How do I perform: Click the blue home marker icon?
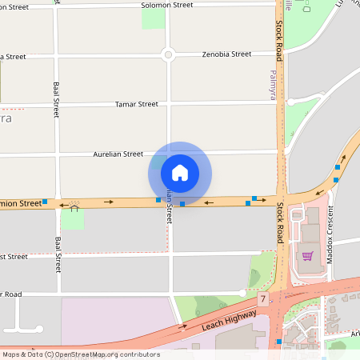click(x=180, y=173)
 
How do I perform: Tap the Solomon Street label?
click(x=167, y=5)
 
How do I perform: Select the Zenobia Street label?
click(x=226, y=54)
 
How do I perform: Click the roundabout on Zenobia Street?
click(x=168, y=55)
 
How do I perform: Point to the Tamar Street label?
click(x=137, y=104)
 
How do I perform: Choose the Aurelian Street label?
click(x=118, y=154)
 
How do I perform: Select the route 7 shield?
click(x=262, y=298)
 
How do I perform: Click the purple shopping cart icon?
click(x=307, y=256)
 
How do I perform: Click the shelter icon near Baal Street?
click(x=74, y=209)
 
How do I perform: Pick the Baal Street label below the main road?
click(x=58, y=254)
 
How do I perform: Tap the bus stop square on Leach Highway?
click(x=278, y=342)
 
